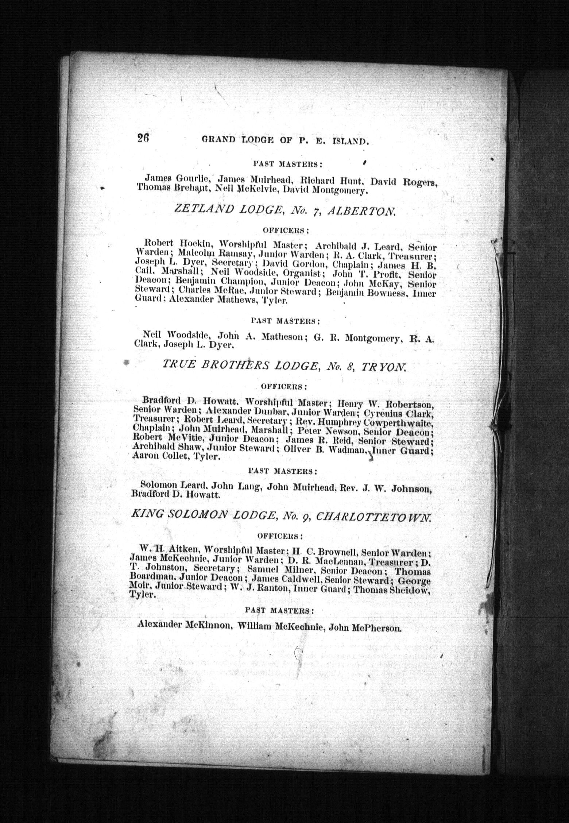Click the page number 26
pos(143,139)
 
